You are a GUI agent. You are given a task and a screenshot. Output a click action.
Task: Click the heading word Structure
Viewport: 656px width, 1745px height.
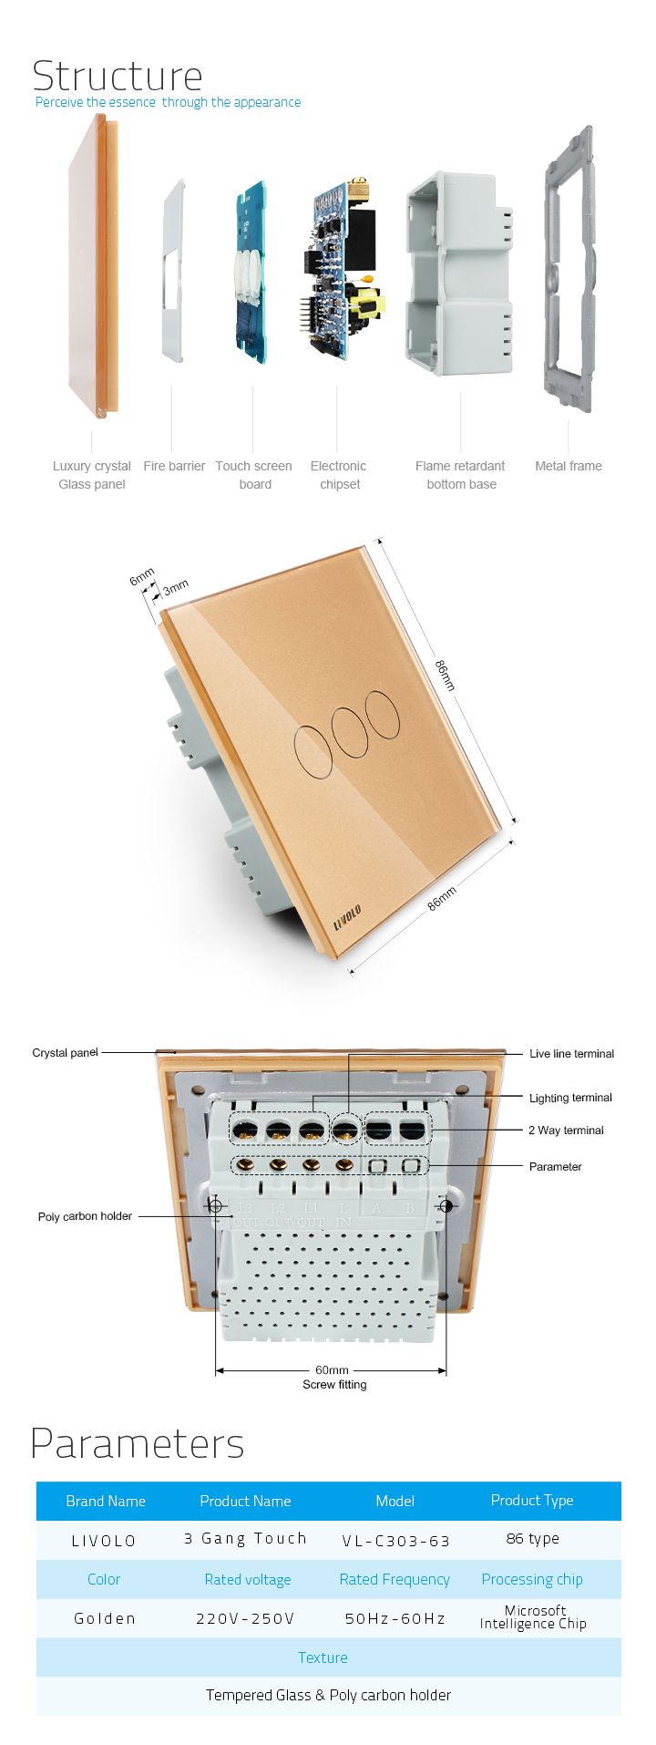click(118, 76)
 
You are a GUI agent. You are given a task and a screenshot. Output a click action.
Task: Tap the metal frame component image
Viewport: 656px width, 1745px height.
click(569, 269)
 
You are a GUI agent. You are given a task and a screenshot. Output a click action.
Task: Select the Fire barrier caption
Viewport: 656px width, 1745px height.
click(174, 466)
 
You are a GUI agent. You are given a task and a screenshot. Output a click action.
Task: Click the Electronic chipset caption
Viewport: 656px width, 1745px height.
click(339, 475)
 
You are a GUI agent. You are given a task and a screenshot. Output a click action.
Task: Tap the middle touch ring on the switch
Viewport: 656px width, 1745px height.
click(349, 728)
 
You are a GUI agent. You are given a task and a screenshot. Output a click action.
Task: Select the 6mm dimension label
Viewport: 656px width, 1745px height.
click(142, 577)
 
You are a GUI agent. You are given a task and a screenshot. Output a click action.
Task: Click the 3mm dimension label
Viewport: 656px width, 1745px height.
click(176, 588)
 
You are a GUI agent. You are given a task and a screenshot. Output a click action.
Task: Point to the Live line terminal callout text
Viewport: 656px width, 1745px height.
click(571, 1054)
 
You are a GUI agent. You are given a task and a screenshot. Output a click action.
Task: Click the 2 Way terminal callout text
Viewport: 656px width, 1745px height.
click(566, 1131)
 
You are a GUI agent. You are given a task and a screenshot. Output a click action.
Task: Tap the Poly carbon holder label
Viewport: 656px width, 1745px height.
click(85, 1216)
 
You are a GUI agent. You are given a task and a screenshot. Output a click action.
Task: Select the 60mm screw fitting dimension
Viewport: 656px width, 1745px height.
click(332, 1370)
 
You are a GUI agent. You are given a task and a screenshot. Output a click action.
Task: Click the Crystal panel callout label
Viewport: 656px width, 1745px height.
click(65, 1052)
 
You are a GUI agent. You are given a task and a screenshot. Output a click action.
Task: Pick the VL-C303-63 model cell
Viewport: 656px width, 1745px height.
click(396, 1541)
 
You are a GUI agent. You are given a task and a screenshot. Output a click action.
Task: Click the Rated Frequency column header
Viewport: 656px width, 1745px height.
click(395, 1579)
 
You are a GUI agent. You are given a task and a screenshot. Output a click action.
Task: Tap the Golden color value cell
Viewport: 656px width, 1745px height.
click(105, 1618)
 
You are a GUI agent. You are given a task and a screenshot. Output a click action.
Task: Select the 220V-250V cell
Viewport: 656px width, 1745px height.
click(246, 1618)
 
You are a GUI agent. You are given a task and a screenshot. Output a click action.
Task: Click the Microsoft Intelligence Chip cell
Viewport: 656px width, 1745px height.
click(533, 1616)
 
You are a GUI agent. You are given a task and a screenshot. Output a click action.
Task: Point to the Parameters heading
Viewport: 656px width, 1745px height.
click(138, 1443)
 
